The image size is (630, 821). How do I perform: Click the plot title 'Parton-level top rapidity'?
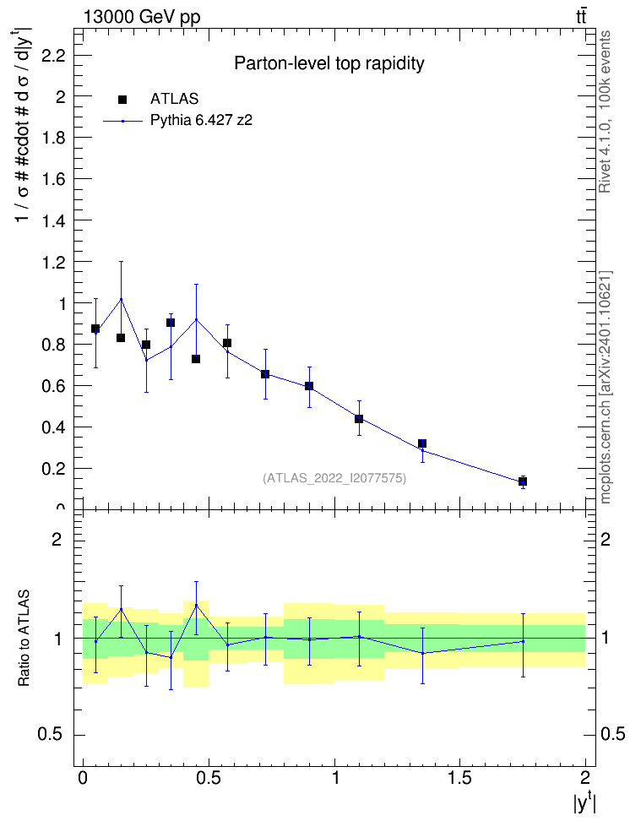(329, 63)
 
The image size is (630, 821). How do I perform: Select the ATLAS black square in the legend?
(122, 100)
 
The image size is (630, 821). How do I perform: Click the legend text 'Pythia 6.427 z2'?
(201, 121)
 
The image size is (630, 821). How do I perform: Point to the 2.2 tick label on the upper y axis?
(53, 55)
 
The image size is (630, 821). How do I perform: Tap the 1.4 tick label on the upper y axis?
(53, 220)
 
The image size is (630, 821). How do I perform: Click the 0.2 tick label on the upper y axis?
(53, 469)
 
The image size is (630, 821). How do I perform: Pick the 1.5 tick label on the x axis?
(459, 777)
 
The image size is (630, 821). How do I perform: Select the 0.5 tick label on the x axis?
(209, 777)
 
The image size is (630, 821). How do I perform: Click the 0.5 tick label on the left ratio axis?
(51, 735)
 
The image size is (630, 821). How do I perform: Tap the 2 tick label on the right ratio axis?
(605, 539)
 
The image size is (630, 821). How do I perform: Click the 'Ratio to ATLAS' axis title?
(24, 638)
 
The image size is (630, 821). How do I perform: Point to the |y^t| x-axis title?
(584, 801)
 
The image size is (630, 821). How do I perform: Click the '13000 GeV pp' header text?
(141, 17)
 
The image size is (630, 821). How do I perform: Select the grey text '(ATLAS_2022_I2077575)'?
(334, 478)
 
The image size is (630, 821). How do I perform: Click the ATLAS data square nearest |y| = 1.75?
(523, 481)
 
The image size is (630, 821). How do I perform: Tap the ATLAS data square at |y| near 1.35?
(422, 443)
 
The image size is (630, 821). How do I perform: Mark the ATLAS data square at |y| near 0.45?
(196, 359)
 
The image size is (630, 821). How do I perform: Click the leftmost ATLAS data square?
(95, 329)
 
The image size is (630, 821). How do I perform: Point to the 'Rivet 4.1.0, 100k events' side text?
(606, 111)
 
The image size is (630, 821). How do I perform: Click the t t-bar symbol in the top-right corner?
(581, 16)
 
